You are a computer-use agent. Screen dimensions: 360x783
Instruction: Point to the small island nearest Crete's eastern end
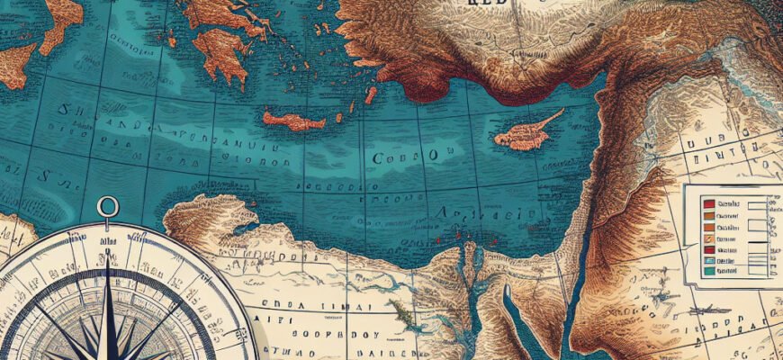(370, 94)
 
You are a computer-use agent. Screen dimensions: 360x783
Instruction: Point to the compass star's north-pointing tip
(109, 256)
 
